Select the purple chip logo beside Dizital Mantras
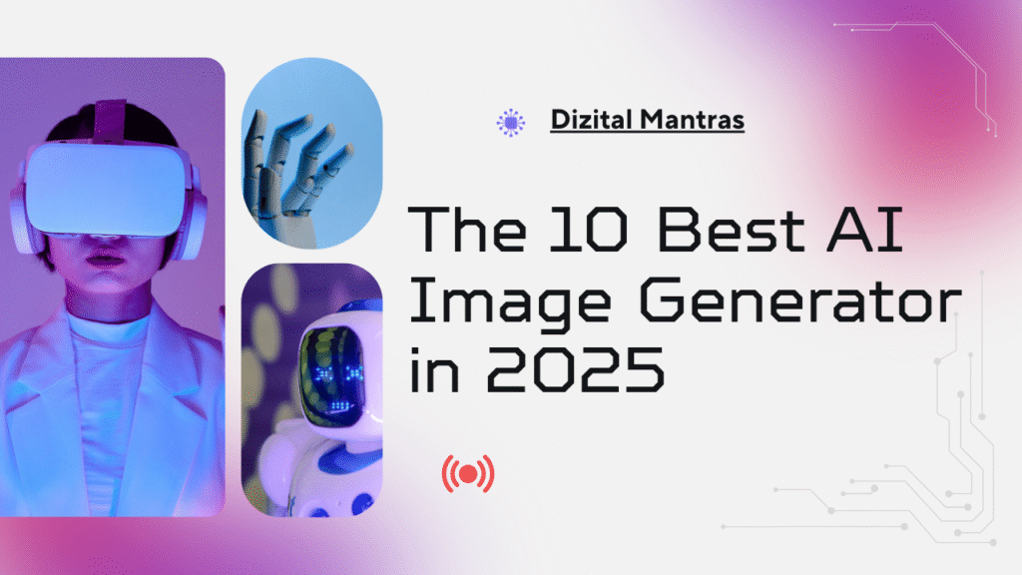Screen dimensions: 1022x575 [510, 122]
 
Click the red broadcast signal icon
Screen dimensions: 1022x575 [468, 474]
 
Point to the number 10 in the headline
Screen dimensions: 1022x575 [589, 229]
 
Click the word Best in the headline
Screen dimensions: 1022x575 [731, 229]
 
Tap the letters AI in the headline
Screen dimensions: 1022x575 [865, 229]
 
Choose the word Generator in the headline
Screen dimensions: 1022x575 [799, 299]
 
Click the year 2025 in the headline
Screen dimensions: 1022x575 [576, 369]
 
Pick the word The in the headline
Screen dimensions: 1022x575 [467, 229]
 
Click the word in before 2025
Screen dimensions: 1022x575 [434, 369]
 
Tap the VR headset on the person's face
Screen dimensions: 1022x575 [105, 189]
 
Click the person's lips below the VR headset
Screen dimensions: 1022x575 [104, 260]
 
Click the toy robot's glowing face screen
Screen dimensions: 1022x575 [332, 376]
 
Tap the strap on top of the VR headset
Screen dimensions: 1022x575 [110, 122]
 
